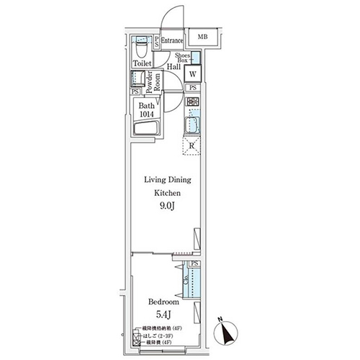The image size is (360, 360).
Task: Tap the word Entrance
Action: click(172, 41)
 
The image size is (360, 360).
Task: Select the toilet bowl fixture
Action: click(141, 50)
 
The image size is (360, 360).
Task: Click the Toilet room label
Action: click(141, 64)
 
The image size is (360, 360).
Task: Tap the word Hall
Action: click(174, 67)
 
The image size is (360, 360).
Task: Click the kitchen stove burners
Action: click(193, 102)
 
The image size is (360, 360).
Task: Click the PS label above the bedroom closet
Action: click(194, 264)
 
